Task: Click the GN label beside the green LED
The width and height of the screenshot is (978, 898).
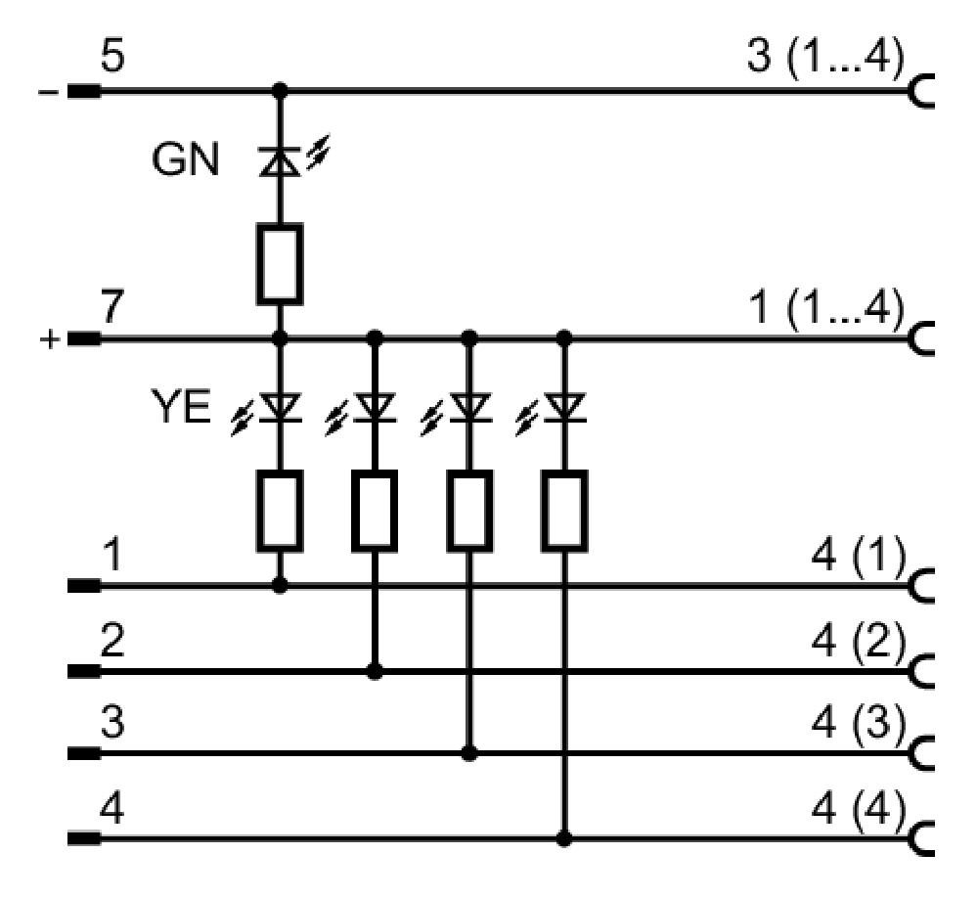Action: (185, 159)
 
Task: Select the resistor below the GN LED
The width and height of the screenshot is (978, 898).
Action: (280, 264)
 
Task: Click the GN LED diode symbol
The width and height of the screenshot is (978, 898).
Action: (280, 159)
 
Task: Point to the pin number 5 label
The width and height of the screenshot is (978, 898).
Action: (112, 56)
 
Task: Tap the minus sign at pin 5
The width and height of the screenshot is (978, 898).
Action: (48, 92)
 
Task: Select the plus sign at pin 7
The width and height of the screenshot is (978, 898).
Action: (49, 340)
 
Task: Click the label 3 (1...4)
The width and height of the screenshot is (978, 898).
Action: (824, 58)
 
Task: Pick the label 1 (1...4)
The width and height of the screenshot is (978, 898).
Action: (827, 308)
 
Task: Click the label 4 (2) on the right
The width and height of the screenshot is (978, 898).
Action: (858, 641)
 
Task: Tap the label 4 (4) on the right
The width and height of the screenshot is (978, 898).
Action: (858, 809)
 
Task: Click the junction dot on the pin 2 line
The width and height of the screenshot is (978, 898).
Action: (375, 671)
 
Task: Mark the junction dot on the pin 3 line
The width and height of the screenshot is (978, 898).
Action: (469, 753)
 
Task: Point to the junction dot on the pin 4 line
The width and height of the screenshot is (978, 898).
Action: (564, 838)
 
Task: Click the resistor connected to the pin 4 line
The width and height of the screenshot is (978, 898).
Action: (564, 511)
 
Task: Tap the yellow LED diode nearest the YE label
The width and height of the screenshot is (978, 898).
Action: (280, 408)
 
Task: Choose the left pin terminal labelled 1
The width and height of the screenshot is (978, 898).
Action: (83, 586)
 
